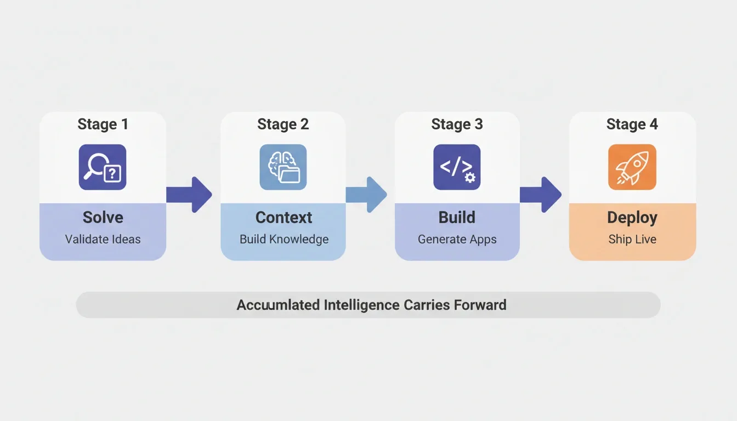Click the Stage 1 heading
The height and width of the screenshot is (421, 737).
tap(103, 124)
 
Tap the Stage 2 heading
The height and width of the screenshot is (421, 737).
tap(283, 124)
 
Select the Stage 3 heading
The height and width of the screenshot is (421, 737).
tap(457, 124)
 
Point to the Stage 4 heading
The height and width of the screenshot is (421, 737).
tap(632, 124)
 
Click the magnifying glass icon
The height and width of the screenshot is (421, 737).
tap(103, 167)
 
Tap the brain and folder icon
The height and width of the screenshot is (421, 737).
tap(283, 167)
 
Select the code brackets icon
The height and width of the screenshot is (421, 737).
tap(457, 167)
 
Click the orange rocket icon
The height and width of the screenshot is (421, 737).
tap(632, 167)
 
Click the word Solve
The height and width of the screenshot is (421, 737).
tap(103, 218)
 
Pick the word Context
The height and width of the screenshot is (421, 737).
tap(284, 218)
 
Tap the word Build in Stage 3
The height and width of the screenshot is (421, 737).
tap(457, 218)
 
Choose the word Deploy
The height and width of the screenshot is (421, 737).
tap(632, 218)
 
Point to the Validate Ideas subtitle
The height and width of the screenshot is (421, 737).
tap(103, 239)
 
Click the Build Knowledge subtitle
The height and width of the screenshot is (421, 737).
tap(284, 240)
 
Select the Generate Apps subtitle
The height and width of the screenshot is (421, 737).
tap(457, 240)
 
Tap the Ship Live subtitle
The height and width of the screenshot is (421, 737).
tap(632, 240)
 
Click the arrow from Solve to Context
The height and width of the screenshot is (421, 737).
tap(189, 195)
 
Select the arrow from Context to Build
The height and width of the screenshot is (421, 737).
tap(366, 195)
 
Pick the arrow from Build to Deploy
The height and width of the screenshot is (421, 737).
tap(541, 195)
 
